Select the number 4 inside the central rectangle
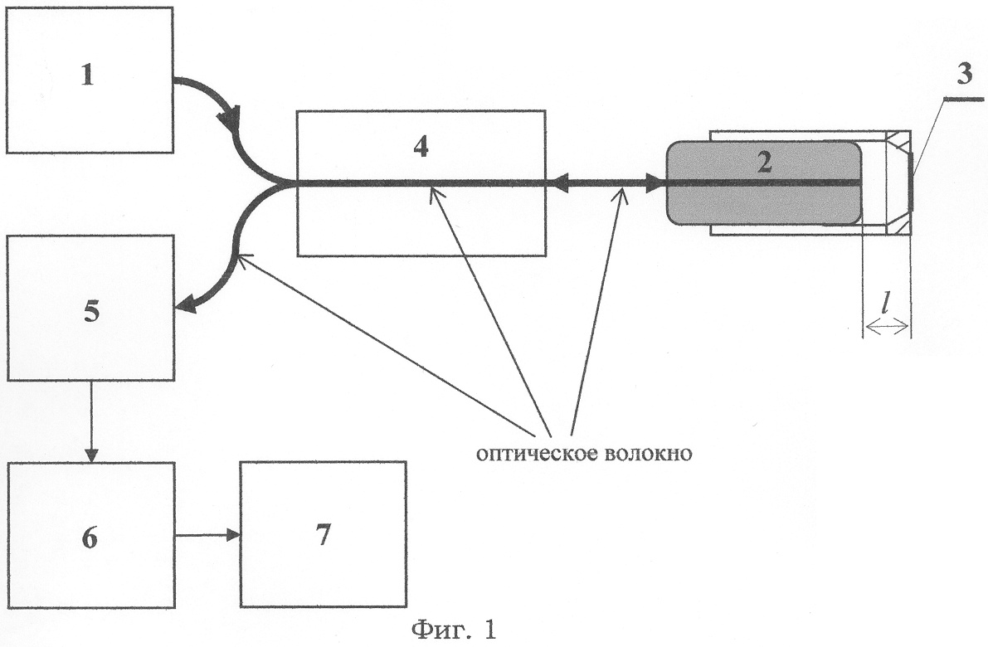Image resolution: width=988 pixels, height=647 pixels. (x=421, y=147)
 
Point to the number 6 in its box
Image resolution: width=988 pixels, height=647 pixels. (x=90, y=537)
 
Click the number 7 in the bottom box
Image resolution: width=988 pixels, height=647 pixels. (x=323, y=535)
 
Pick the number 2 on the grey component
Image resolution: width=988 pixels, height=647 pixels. (x=763, y=161)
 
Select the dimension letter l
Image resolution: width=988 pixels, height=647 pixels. (x=887, y=315)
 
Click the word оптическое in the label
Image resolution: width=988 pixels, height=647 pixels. (x=528, y=455)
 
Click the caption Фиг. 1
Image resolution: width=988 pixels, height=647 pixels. (x=455, y=630)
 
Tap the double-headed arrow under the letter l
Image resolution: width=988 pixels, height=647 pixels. (x=887, y=330)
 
